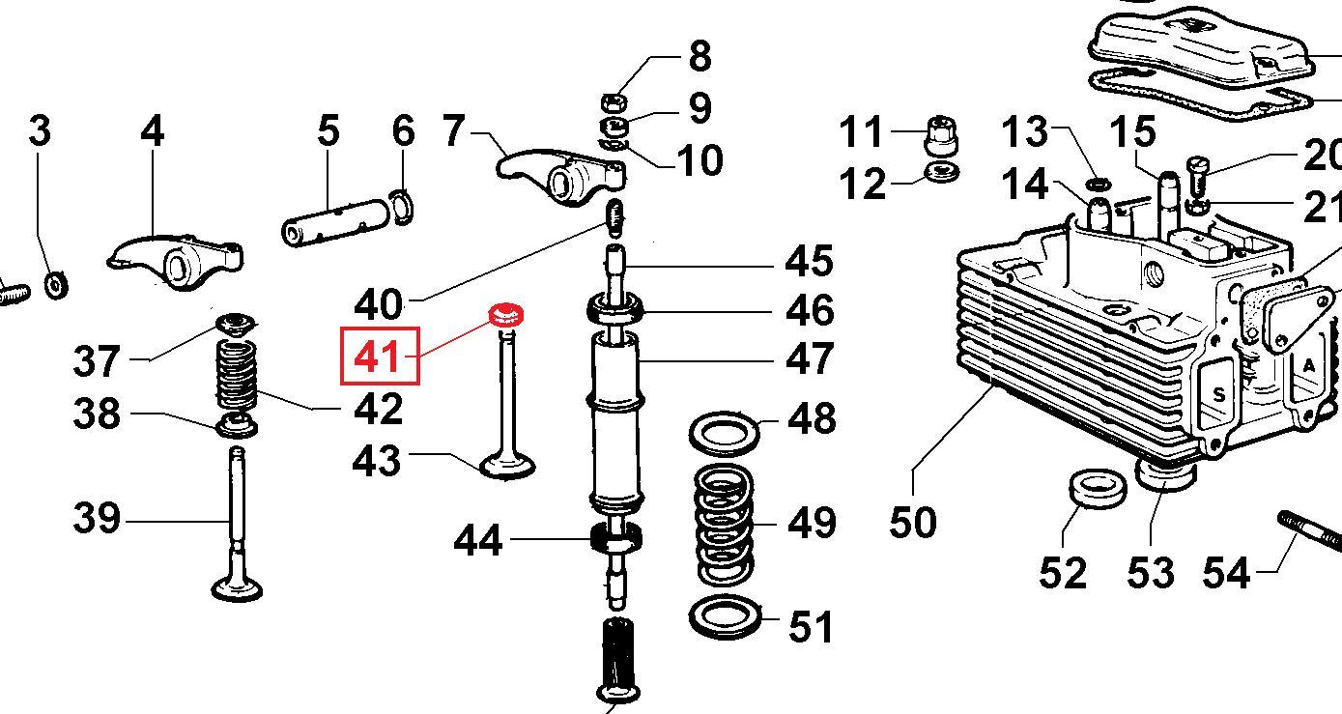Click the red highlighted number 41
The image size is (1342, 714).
click(x=377, y=357)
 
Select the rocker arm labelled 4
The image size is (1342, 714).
click(x=176, y=263)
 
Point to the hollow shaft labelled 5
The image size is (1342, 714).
click(x=335, y=222)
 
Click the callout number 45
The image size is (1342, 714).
click(x=809, y=261)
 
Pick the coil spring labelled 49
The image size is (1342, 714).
click(x=725, y=526)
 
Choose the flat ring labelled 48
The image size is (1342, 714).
click(x=725, y=433)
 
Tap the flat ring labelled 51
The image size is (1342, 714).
click(x=726, y=617)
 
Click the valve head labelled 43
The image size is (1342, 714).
click(x=507, y=466)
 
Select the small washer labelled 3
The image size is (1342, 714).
click(x=56, y=285)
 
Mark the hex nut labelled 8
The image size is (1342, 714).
click(x=614, y=102)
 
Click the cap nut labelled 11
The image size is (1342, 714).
click(x=942, y=136)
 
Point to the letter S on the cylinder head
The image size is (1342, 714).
click(x=1218, y=395)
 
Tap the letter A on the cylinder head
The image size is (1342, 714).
click(x=1309, y=365)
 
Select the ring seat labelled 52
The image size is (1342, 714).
click(x=1098, y=490)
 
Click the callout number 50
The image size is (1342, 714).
click(x=913, y=522)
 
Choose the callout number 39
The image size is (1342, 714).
click(x=97, y=518)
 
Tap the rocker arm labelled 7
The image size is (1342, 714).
click(x=561, y=178)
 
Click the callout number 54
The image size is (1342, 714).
click(x=1226, y=572)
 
